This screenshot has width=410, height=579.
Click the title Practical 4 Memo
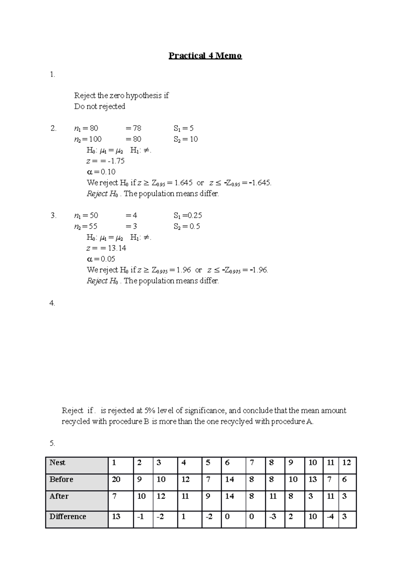pos(205,56)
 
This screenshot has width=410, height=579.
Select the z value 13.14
pos(117,248)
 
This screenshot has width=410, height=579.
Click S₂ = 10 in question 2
pos(186,139)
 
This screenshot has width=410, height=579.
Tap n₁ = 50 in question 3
pos(86,216)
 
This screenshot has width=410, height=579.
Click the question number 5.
pos(52,443)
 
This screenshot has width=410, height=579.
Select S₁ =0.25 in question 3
pos(188,216)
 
